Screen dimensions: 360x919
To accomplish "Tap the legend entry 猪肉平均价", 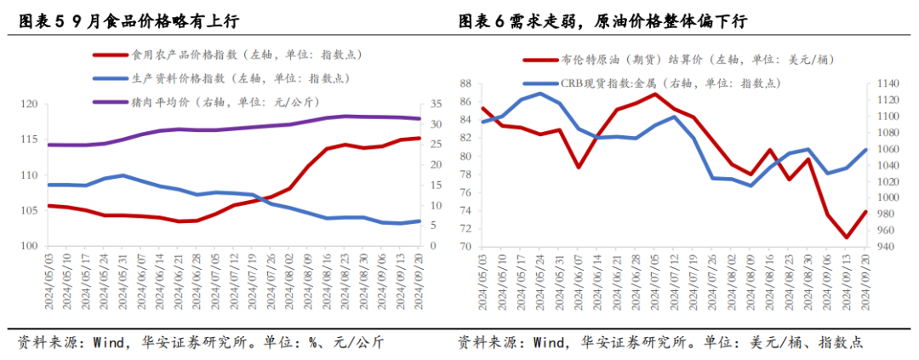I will coord(179,102).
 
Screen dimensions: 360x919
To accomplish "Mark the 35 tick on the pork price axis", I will coord(435,105).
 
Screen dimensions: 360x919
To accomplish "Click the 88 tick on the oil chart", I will coord(465,83).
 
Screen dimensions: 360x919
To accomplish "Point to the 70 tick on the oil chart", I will coord(465,247).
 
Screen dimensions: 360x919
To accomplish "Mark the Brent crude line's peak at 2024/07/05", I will coord(654,94).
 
